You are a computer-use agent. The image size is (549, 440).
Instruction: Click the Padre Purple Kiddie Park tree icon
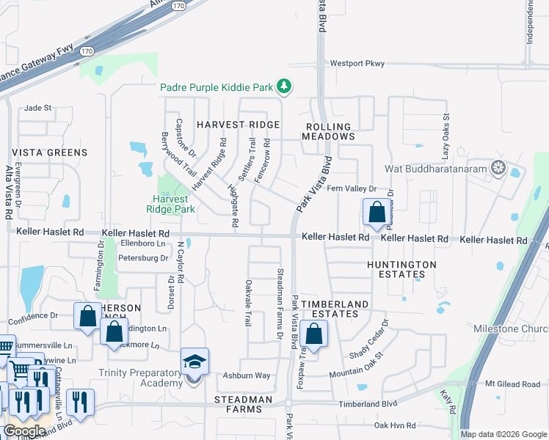(284, 87)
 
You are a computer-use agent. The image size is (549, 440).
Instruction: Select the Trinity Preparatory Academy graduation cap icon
(194, 362)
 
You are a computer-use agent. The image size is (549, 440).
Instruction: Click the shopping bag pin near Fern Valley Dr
(377, 213)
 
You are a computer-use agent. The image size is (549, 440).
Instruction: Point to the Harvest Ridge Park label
(174, 204)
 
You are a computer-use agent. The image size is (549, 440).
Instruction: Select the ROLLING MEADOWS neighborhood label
(330, 132)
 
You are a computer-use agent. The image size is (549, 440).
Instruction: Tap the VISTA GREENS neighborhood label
(50, 153)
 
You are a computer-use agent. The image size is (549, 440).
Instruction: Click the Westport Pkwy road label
(357, 64)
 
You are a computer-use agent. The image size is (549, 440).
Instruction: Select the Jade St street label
(38, 108)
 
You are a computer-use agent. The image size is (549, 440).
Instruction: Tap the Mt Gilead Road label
(512, 384)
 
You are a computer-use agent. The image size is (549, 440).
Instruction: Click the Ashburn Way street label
(247, 375)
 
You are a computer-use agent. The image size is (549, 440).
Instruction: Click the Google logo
(24, 431)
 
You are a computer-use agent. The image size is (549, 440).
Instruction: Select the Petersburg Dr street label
(145, 258)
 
